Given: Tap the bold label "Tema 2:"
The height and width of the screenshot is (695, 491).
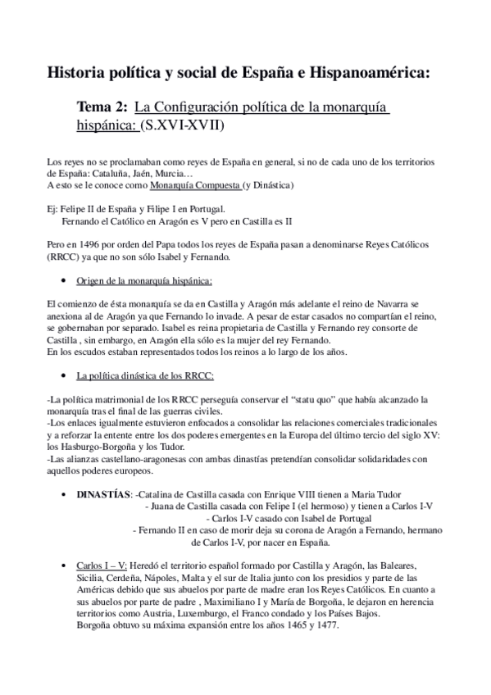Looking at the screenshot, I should pos(102,107).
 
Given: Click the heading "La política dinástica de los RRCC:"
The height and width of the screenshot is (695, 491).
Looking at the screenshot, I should pos(144,376).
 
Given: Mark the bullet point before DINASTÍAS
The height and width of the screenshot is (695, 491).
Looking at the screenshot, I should pos(65,494).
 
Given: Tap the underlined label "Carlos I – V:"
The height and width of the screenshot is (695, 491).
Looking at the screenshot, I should pos(102,566).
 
